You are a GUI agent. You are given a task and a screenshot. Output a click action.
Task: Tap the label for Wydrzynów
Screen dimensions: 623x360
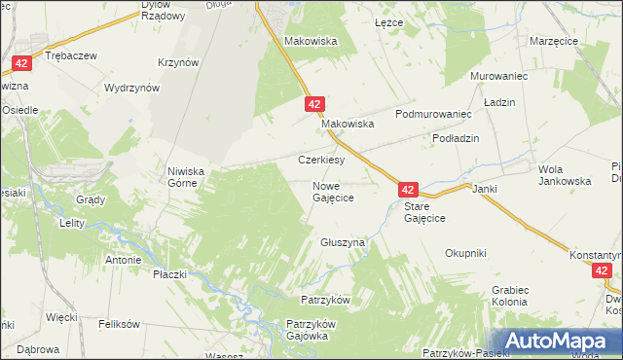pos(131,88)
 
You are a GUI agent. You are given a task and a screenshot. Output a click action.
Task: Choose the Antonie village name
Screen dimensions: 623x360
pos(124,260)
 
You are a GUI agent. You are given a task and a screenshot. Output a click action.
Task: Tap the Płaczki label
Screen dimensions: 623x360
pos(169,274)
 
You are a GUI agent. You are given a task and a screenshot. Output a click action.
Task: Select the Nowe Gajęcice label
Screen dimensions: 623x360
pos(333,192)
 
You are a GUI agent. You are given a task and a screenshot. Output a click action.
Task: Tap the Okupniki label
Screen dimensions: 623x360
pos(465,253)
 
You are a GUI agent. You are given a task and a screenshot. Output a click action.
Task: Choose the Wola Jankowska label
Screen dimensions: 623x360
pos(565,175)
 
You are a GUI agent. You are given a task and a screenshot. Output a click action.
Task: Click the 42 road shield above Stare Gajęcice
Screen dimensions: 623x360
pos(408,191)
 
